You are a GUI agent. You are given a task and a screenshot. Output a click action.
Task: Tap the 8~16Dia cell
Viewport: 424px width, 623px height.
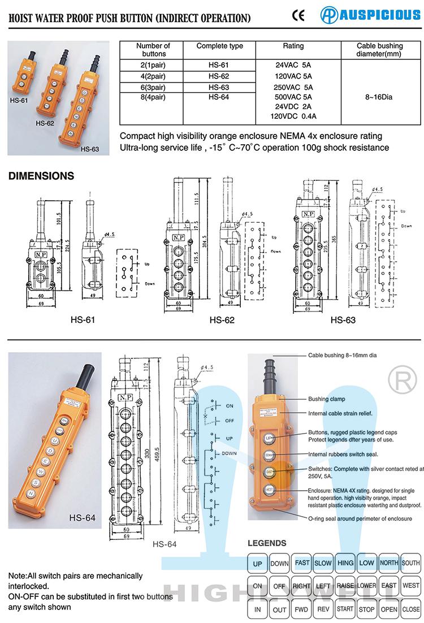pyautogui.click(x=379, y=97)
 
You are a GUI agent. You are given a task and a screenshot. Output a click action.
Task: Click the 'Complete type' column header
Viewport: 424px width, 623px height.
pyautogui.click(x=219, y=46)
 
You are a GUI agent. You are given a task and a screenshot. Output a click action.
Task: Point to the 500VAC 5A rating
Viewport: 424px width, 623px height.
pyautogui.click(x=293, y=97)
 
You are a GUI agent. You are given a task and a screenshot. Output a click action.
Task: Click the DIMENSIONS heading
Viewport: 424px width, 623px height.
pyautogui.click(x=41, y=176)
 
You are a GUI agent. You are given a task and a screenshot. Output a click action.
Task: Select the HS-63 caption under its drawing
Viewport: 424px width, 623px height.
pyautogui.click(x=343, y=320)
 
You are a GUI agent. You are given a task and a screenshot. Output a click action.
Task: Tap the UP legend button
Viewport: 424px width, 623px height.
pyautogui.click(x=257, y=564)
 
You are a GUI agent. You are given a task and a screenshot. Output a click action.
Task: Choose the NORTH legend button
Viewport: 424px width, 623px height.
pyautogui.click(x=389, y=563)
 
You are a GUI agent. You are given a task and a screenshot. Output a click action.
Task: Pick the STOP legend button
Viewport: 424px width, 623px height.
pyautogui.click(x=366, y=609)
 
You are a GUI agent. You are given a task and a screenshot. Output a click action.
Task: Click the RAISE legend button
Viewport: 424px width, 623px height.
pyautogui.click(x=345, y=586)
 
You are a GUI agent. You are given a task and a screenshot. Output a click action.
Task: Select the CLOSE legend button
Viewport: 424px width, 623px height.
pyautogui.click(x=410, y=609)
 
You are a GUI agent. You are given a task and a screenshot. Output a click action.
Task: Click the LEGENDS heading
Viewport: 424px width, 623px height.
pyautogui.click(x=267, y=543)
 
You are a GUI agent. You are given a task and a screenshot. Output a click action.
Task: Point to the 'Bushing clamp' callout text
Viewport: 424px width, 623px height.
pyautogui.click(x=327, y=399)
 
